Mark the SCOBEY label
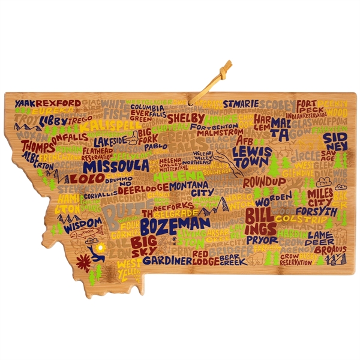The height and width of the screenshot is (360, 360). coord(277,103)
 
